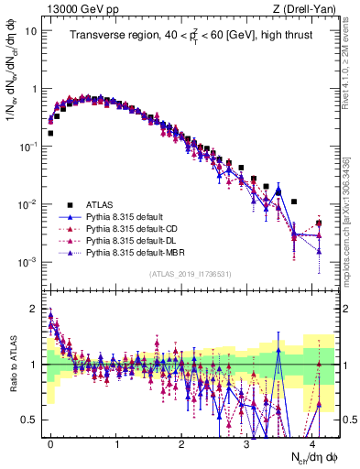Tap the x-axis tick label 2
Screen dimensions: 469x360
coord(181,442)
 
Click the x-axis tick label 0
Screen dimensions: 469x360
coord(50,442)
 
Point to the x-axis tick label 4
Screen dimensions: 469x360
coord(312,442)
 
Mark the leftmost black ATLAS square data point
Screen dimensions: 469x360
coord(50,133)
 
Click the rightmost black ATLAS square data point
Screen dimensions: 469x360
coord(319,223)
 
